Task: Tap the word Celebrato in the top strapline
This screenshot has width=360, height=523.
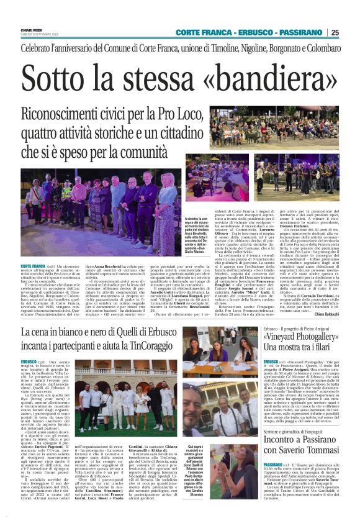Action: tap(43, 47)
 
